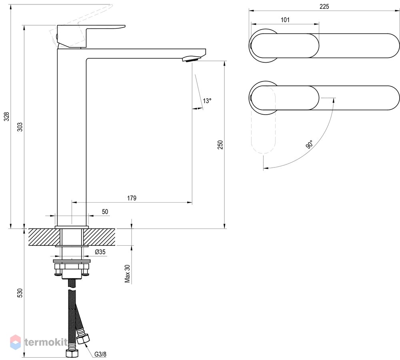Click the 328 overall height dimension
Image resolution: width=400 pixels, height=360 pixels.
click(x=7, y=116)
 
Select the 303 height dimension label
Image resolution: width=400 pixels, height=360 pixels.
click(x=20, y=127)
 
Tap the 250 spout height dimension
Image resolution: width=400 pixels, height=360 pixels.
click(x=220, y=145)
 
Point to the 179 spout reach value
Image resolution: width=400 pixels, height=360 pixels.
click(x=132, y=198)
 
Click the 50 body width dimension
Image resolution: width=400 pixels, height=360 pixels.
click(x=105, y=211)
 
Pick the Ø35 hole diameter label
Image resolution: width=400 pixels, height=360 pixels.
click(x=100, y=252)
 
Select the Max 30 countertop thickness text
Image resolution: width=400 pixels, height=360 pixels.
click(x=127, y=274)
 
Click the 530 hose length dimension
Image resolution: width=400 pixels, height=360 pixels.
click(x=20, y=293)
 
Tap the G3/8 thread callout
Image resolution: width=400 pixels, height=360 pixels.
click(x=100, y=354)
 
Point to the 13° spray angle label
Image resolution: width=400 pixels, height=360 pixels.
click(x=207, y=101)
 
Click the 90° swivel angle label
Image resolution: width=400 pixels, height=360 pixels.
click(x=309, y=144)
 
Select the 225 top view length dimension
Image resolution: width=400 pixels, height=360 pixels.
click(x=324, y=7)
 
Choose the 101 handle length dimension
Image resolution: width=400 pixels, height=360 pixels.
click(x=285, y=20)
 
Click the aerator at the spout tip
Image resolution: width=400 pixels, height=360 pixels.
click(x=190, y=60)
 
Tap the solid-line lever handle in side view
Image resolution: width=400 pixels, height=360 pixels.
click(x=87, y=35)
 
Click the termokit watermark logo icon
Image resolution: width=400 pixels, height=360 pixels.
click(x=15, y=342)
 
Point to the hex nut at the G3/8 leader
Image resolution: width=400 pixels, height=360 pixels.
click(x=83, y=338)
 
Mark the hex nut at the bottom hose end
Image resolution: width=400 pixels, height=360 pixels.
click(x=72, y=354)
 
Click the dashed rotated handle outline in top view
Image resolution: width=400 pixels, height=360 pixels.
click(x=264, y=120)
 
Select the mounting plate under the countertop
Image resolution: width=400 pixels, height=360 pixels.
click(x=72, y=261)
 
